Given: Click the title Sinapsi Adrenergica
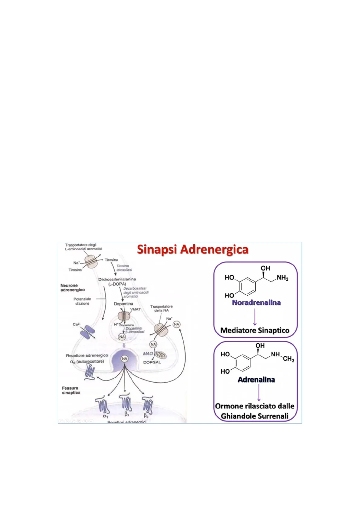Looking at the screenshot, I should point(193,250).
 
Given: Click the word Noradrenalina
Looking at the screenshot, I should point(256,303).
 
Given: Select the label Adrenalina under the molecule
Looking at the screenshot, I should point(256,380).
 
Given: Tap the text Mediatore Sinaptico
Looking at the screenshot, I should point(255,330).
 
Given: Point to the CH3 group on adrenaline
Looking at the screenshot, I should point(289,359).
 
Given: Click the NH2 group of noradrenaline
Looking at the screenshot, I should point(283,278).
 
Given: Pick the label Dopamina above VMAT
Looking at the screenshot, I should point(123,303).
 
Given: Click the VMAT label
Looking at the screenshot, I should point(135,310).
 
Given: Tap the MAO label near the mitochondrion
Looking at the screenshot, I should point(148,354).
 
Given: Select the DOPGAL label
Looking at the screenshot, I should point(152,362).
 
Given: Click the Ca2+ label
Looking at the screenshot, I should point(77,324).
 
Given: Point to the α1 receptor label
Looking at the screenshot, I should point(105,416).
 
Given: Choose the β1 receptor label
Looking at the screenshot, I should point(127,414).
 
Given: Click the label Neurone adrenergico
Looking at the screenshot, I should point(73,287).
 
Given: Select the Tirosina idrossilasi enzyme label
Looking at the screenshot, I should point(124,268).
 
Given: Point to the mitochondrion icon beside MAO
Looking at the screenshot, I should point(161,354).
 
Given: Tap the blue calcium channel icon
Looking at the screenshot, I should point(87,332).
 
